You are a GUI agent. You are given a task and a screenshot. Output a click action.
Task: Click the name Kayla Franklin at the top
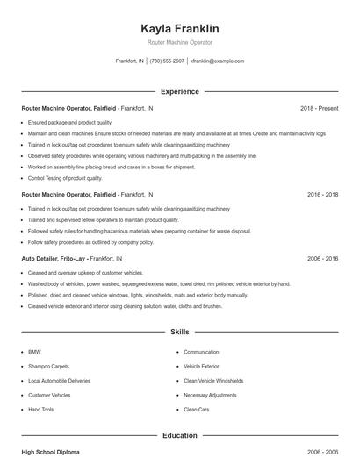[180, 28]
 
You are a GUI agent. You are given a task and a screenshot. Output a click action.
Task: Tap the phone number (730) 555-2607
[167, 61]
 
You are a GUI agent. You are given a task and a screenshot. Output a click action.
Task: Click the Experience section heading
[180, 91]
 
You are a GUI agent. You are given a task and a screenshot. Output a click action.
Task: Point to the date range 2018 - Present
[319, 108]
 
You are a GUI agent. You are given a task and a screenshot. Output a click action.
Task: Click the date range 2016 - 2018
[322, 194]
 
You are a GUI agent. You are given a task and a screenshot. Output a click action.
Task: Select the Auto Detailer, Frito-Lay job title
[54, 260]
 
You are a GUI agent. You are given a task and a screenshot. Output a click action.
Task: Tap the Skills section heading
[180, 333]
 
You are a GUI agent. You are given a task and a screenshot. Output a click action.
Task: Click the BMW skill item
[34, 352]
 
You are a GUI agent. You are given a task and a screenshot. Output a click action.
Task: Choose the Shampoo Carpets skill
[47, 366]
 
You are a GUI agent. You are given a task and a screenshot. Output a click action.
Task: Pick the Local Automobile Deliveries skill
[58, 381]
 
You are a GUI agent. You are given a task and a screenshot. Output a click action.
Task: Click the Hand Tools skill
[41, 409]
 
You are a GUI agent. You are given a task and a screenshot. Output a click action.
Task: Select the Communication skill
[201, 352]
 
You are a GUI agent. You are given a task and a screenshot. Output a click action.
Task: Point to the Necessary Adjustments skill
[210, 395]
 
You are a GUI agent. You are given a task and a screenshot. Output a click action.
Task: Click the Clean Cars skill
[197, 409]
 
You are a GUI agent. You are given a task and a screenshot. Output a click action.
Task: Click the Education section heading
[180, 434]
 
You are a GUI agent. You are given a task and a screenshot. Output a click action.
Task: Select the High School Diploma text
[50, 451]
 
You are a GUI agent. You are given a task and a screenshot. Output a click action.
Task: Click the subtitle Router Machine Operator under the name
[180, 42]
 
